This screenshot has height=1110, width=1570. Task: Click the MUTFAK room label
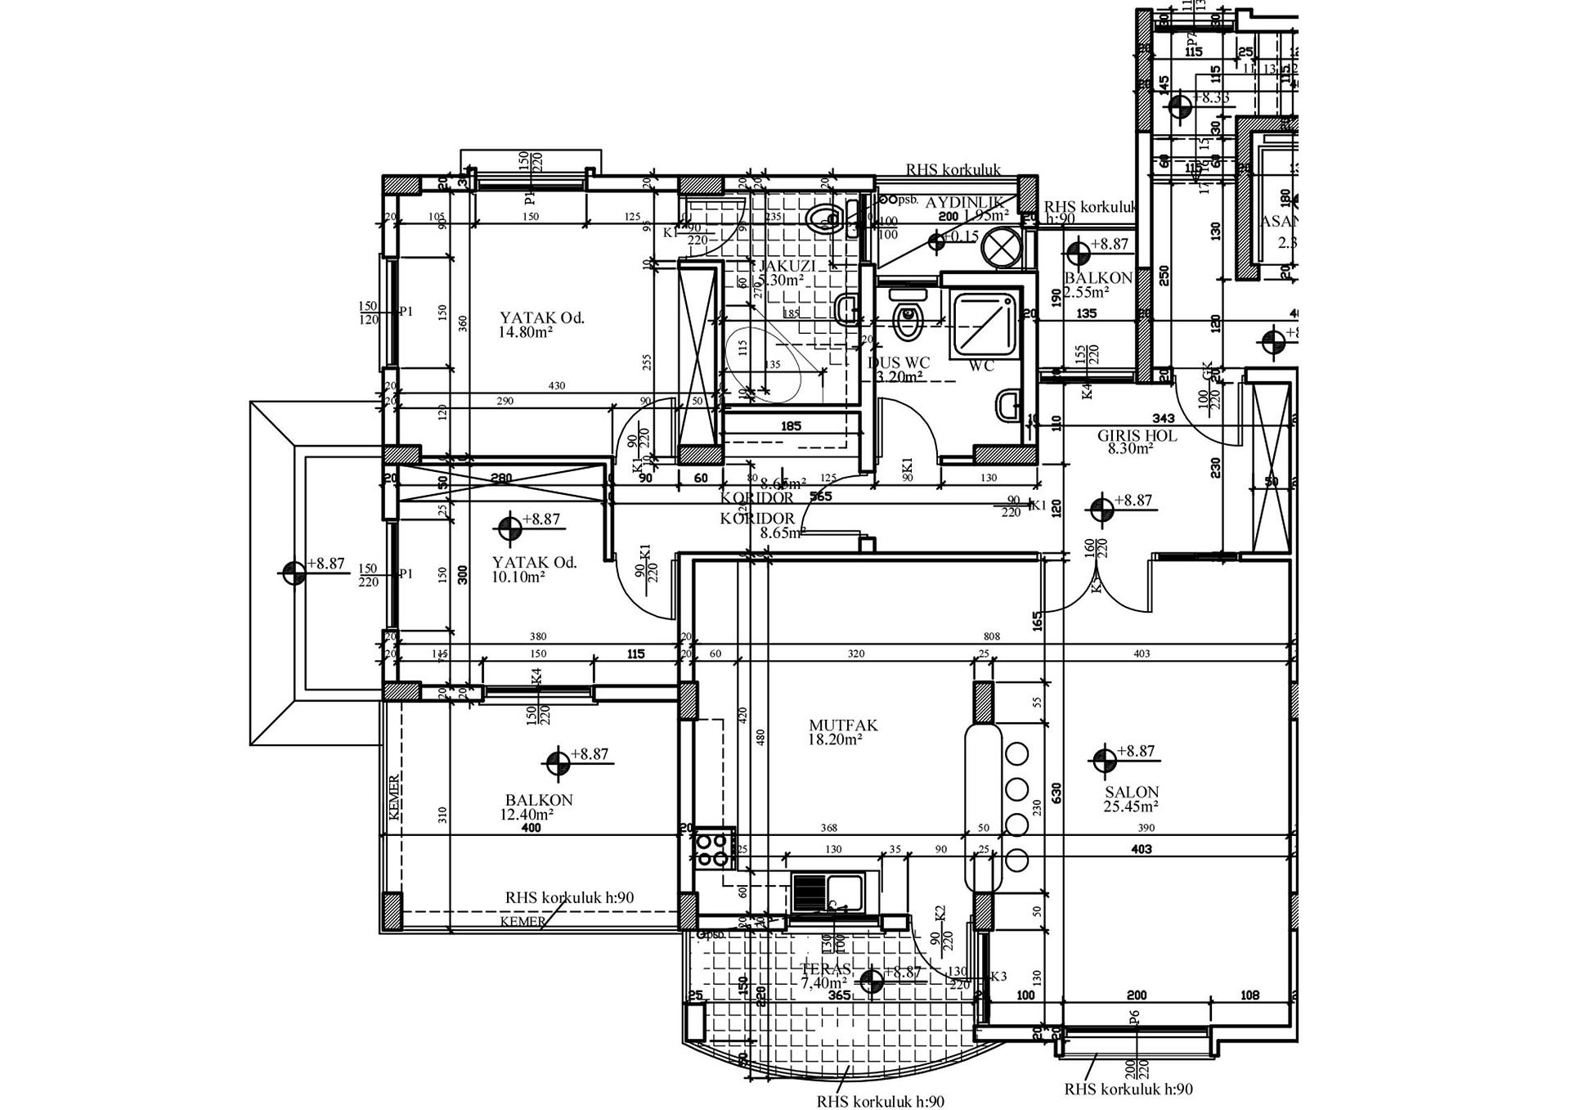(843, 726)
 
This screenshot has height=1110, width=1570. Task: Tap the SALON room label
(1132, 792)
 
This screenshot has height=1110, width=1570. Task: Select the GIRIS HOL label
(1137, 436)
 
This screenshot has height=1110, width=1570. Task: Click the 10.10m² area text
(518, 577)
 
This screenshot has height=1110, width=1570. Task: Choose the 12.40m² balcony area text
(527, 815)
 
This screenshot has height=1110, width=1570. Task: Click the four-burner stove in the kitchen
(713, 848)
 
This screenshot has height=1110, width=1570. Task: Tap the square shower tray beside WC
(986, 326)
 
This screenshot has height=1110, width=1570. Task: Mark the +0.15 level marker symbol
(938, 240)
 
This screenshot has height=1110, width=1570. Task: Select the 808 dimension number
(991, 636)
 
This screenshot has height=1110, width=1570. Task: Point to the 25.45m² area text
(1132, 807)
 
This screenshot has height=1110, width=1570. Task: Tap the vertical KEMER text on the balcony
(394, 798)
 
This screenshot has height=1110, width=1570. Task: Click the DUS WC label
(899, 363)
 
